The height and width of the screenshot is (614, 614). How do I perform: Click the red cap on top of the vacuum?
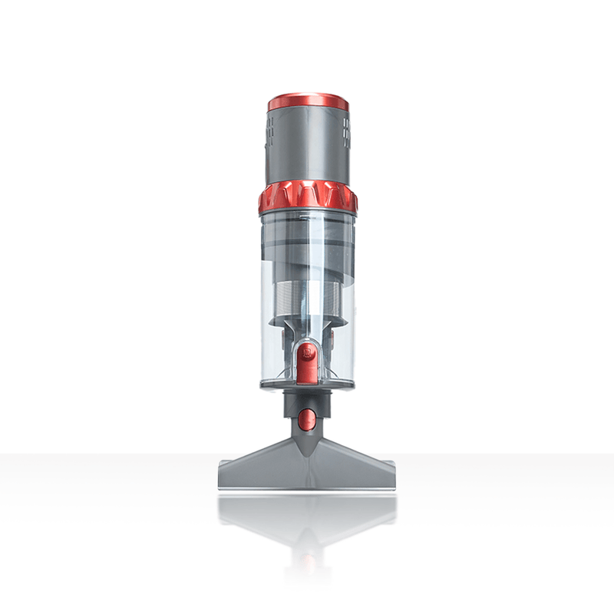click(308, 102)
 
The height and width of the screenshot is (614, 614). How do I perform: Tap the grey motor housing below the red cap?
click(308, 146)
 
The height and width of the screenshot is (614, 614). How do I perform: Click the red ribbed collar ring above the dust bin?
click(308, 197)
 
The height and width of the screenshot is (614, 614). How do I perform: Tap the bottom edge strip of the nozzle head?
click(307, 485)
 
